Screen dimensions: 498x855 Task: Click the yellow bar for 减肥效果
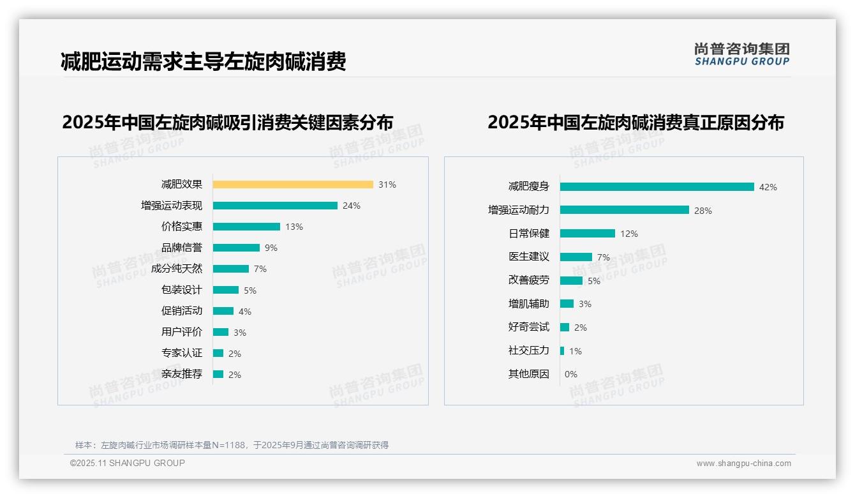coord(293,185)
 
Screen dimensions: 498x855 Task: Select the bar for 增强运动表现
coord(275,206)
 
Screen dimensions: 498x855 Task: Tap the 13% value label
coord(294,227)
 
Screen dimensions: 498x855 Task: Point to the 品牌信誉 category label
coord(182,248)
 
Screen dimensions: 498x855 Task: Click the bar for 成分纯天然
coord(231,269)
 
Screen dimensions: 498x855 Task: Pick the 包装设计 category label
coord(182,290)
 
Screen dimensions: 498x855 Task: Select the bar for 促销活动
coord(223,311)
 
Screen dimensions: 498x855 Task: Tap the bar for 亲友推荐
coord(218,374)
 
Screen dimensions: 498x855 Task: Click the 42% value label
coord(768,187)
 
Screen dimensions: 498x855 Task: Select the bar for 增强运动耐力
coord(625,210)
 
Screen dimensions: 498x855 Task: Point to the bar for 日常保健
coord(588,234)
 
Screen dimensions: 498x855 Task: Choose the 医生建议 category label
coord(528,257)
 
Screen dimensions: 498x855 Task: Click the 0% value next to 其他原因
coord(570,374)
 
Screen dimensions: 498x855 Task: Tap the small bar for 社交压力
coord(562,351)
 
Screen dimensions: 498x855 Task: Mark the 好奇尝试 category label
coord(528,327)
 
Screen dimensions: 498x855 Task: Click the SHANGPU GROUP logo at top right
coord(742,54)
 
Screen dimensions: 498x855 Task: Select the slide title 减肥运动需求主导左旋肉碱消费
coord(203,62)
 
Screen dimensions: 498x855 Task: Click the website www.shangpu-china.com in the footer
coord(743,464)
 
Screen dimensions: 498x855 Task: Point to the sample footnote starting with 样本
coord(232,445)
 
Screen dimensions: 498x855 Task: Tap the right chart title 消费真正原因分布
coord(636,122)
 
